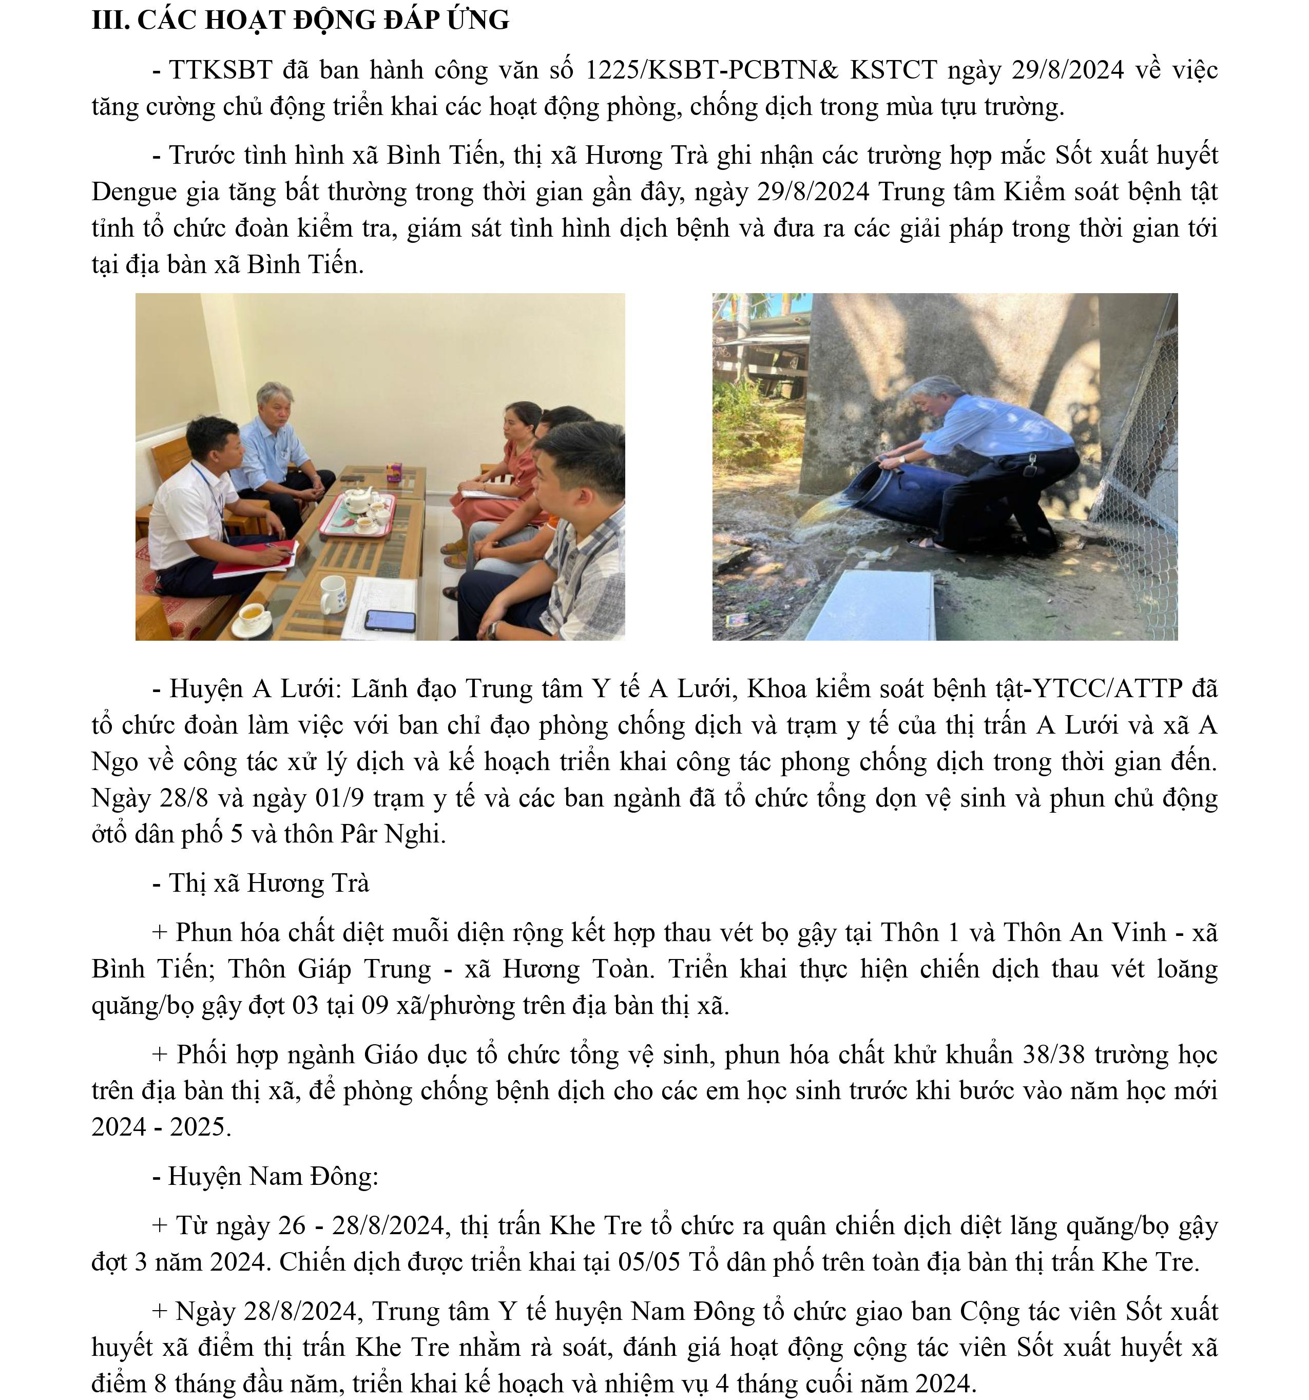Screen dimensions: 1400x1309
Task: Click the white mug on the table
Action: [x=334, y=593]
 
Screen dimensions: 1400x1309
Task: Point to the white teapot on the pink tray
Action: [x=358, y=500]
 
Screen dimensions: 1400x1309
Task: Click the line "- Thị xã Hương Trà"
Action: [x=261, y=883]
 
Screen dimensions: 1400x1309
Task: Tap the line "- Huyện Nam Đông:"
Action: [x=265, y=1176]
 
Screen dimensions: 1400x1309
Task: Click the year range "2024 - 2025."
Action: [x=161, y=1127]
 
